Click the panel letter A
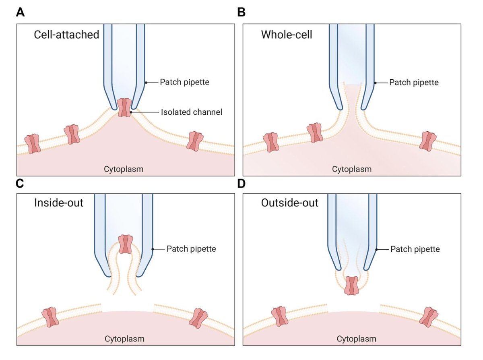coord(21,12)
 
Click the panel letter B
coord(242,12)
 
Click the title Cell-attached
coord(66,35)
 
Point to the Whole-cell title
coord(287,35)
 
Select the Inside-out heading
coord(59,202)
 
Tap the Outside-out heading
coord(289,202)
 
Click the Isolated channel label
coord(191,112)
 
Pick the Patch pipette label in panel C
coord(191,249)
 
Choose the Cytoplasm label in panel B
coord(352,169)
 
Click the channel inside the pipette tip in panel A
coord(125,108)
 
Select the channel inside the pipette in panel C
coord(125,244)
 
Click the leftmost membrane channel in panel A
coord(33,144)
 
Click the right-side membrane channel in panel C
coord(198,318)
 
